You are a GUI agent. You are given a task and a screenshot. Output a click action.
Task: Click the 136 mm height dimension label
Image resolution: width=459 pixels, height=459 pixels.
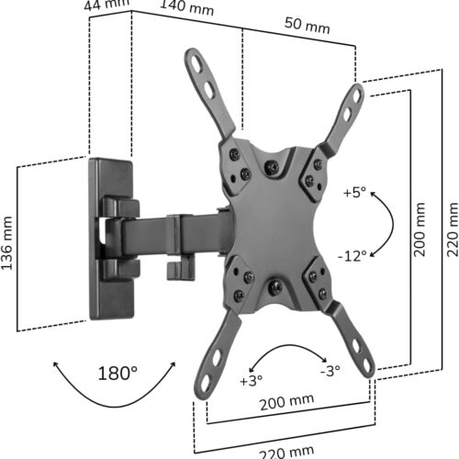6,243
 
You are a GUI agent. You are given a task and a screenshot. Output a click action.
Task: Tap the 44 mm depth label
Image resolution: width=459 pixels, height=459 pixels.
106,5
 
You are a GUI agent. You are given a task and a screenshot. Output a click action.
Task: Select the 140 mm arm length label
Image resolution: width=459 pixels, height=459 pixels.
187,6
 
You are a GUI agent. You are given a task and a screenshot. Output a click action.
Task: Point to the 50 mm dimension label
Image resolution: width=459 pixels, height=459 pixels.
308,25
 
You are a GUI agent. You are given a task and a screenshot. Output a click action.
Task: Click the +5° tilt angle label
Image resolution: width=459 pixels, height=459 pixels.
354,192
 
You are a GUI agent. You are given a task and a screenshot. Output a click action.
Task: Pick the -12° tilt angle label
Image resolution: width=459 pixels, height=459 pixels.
353,255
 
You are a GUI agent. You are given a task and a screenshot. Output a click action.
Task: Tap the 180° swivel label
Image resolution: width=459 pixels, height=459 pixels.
118,373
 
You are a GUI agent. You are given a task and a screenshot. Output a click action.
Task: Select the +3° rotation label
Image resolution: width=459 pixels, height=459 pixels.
252,380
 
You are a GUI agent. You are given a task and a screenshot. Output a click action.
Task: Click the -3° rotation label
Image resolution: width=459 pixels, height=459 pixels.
330,371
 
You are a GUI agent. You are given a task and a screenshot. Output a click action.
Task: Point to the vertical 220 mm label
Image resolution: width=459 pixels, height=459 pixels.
453,229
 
